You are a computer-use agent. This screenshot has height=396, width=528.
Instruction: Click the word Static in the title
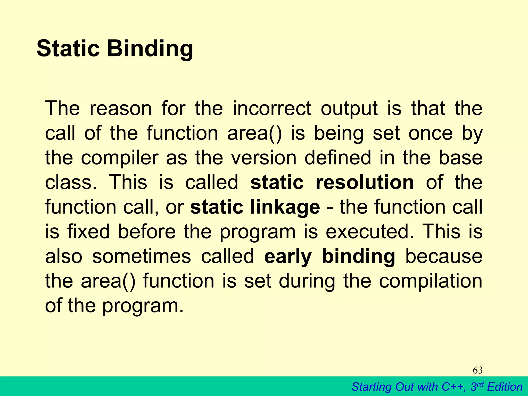(68, 48)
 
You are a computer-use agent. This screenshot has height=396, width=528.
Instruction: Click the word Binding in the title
(150, 49)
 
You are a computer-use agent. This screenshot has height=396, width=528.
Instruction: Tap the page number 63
(477, 370)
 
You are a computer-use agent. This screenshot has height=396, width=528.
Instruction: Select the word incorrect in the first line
(272, 108)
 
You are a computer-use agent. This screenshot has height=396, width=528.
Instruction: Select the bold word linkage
(285, 208)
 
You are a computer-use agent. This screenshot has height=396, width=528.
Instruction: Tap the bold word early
(288, 257)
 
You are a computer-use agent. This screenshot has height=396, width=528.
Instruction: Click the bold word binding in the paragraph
(358, 257)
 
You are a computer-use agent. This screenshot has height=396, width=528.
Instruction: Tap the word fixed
(88, 232)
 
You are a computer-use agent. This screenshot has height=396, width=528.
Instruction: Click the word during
(307, 282)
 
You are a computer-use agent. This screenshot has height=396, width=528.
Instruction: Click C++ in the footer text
(453, 387)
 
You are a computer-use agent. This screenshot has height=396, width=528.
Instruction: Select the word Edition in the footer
(505, 387)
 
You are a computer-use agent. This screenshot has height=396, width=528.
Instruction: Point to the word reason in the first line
(121, 108)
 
